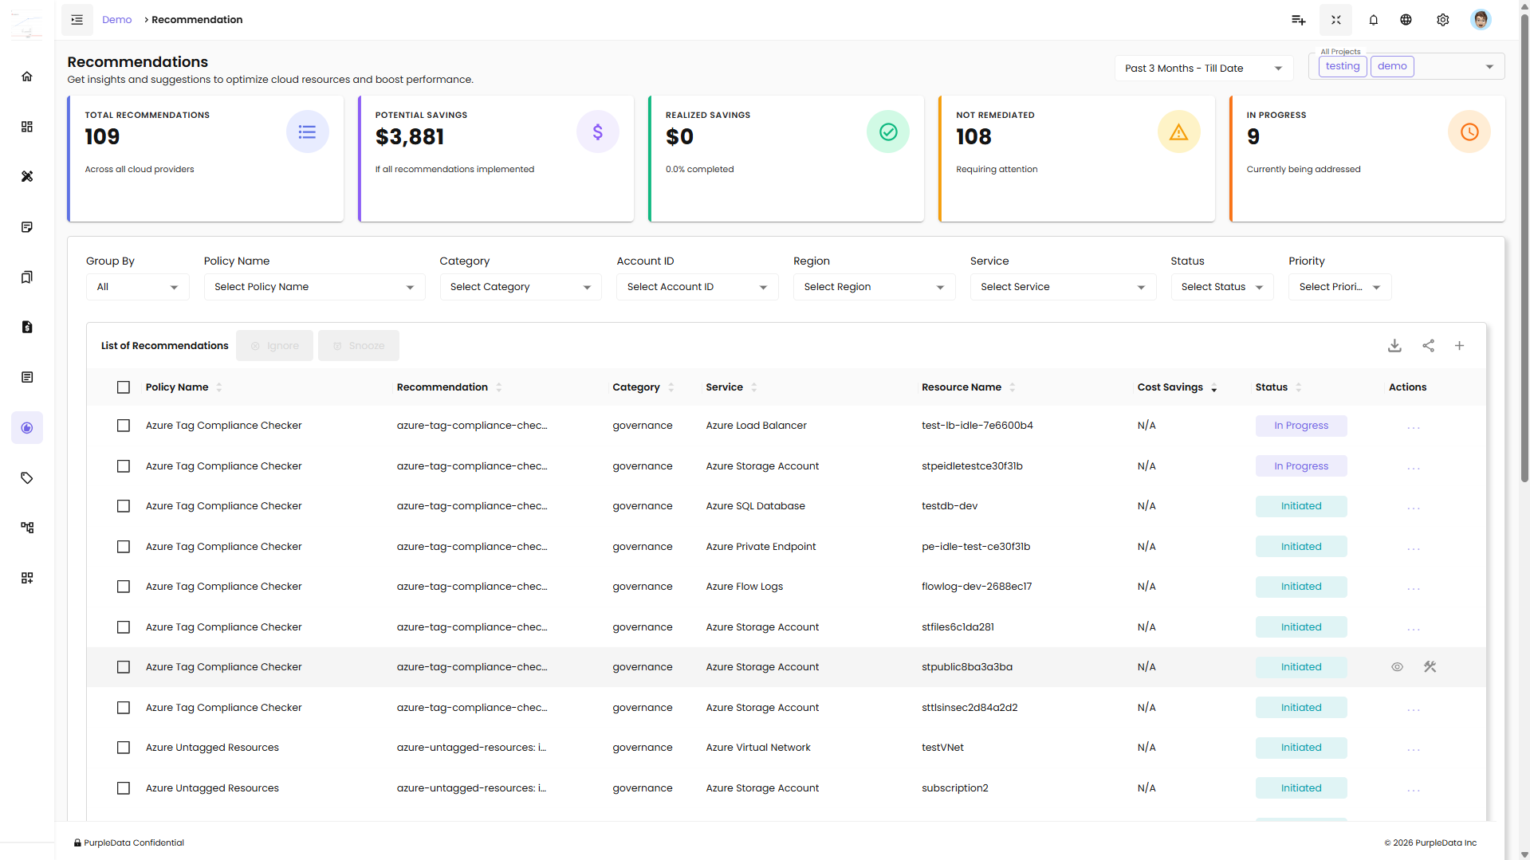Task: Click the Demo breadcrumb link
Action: click(116, 20)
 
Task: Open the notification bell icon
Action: click(1373, 20)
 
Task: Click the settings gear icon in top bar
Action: click(1442, 20)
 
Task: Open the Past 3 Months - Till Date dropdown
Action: click(1202, 69)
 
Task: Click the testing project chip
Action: click(1342, 66)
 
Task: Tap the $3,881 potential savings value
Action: click(410, 137)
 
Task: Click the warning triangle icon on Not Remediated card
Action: click(1178, 132)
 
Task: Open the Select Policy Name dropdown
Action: click(314, 287)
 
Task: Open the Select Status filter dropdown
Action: click(1221, 287)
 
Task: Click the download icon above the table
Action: click(1394, 346)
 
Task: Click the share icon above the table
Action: click(1428, 346)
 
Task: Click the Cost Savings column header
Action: click(1170, 387)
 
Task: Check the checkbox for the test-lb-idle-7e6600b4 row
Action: click(124, 426)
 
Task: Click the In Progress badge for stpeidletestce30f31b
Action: click(1300, 466)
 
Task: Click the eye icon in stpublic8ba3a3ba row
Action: click(1397, 667)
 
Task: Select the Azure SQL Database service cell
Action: click(755, 506)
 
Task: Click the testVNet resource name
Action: click(942, 748)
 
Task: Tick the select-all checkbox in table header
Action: click(124, 387)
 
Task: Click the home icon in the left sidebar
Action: click(27, 77)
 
